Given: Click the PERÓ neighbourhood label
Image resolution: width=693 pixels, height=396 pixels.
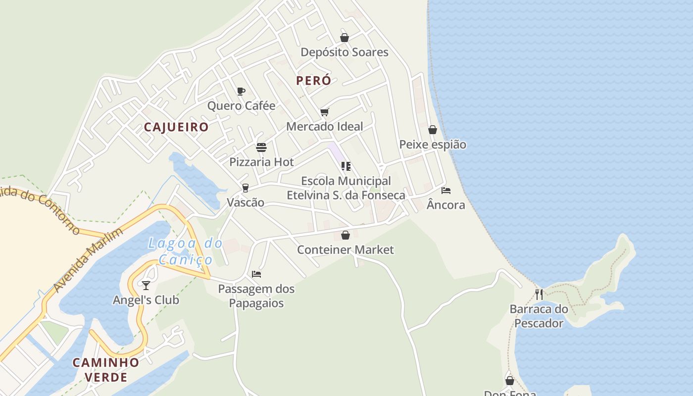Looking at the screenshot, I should [313, 81].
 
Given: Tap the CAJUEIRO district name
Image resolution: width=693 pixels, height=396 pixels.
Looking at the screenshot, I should [176, 127].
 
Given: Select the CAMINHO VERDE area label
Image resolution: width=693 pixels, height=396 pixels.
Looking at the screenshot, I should [106, 370].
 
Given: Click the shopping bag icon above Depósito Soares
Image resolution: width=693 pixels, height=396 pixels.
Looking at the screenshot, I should [345, 38].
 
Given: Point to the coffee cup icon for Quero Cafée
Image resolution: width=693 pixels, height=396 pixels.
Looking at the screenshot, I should [241, 91].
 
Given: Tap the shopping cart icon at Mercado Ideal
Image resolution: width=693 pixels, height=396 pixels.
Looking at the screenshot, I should [324, 112].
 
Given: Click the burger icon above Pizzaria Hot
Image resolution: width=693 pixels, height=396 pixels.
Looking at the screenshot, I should [261, 148].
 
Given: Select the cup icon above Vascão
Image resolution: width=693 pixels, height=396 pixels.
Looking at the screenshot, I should [245, 188].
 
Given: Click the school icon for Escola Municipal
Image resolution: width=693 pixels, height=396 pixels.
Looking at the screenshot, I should [346, 166].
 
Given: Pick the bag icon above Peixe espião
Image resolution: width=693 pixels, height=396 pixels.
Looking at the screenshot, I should [433, 130].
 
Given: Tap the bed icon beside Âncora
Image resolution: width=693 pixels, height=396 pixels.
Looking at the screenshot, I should [446, 191].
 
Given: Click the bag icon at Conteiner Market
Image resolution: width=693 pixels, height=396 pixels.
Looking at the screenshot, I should [346, 235].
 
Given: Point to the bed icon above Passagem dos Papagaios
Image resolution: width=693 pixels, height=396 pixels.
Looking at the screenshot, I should [256, 274].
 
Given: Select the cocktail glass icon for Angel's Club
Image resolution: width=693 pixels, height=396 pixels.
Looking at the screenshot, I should [146, 285].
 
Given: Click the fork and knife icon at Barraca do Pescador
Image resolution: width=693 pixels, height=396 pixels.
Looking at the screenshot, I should [539, 295].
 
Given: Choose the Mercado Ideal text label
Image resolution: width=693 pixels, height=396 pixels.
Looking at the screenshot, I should [325, 126].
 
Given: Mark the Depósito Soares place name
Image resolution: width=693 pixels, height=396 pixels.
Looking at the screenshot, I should [345, 52].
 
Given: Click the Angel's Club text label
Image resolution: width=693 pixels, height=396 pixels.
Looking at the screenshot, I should [146, 300].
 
